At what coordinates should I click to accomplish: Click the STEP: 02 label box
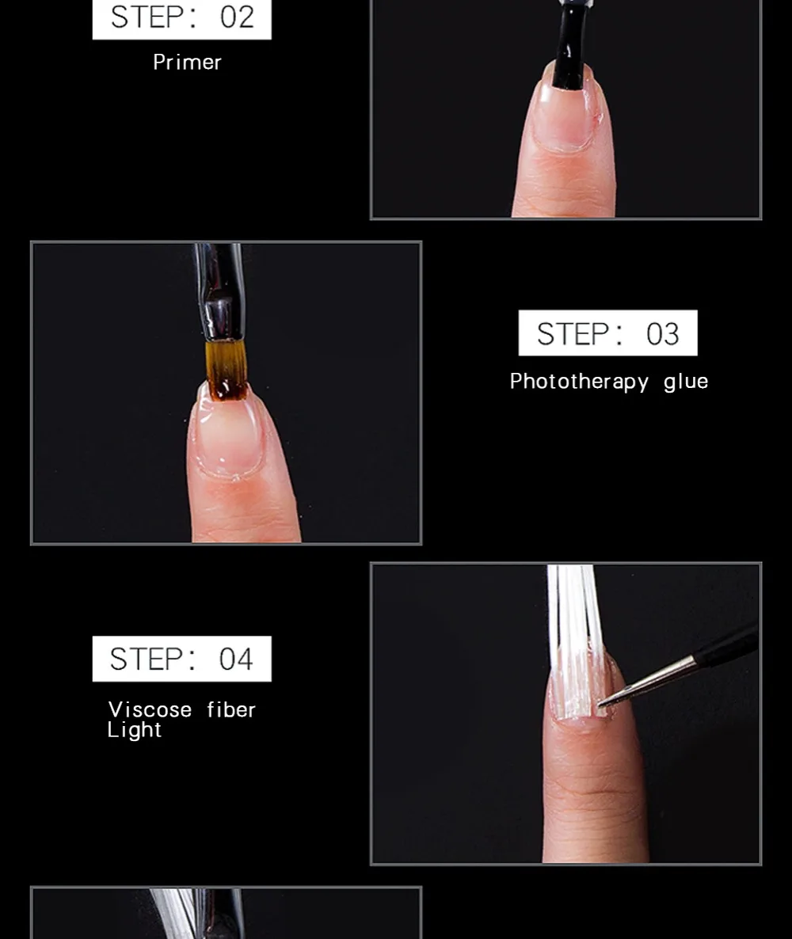tap(181, 18)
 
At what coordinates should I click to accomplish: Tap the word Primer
tap(187, 63)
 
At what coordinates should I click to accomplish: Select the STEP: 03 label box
tap(607, 333)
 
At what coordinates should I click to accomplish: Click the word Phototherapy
tap(579, 382)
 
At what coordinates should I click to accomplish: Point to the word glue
tap(686, 382)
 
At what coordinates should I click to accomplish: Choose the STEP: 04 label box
tap(181, 659)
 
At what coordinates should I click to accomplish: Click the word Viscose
tap(150, 709)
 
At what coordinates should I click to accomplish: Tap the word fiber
tap(231, 709)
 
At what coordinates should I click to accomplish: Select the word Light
tap(134, 730)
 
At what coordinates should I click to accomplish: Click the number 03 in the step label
tap(663, 334)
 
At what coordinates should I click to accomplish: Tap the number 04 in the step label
tap(236, 660)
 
